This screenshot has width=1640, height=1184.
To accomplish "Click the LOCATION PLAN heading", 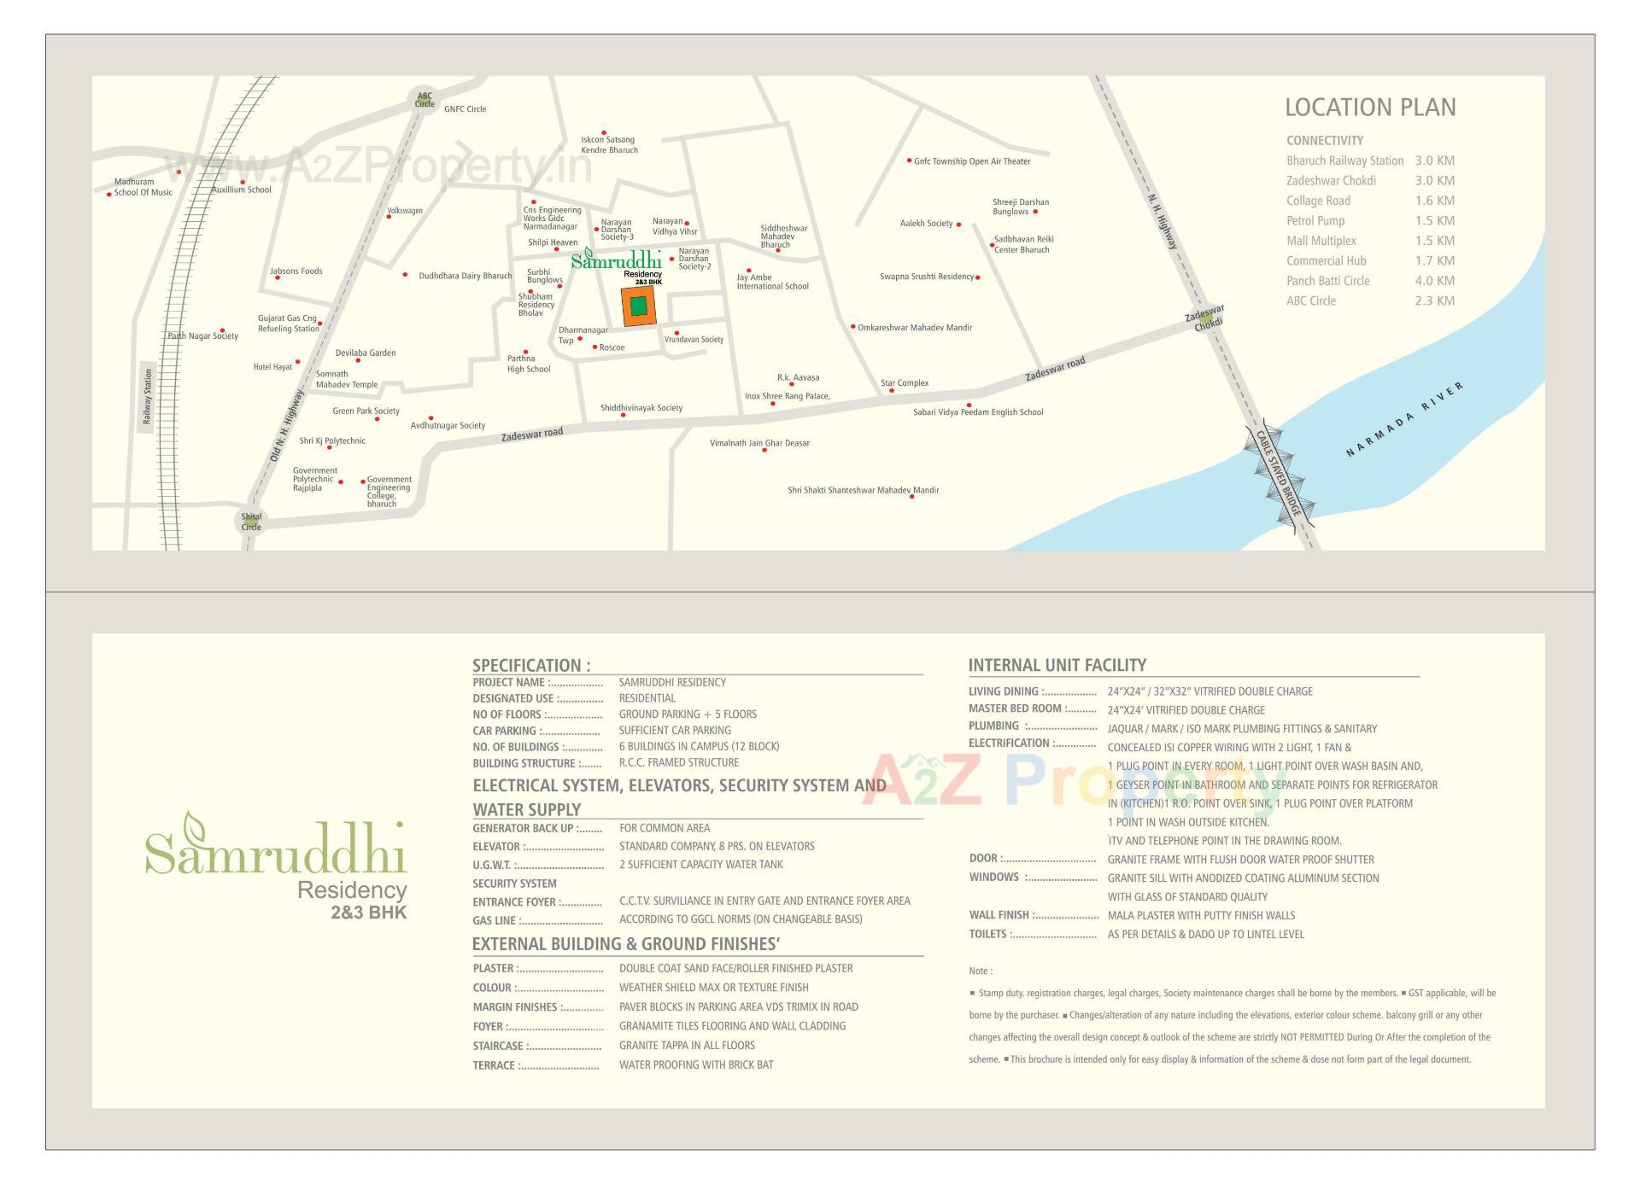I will click(x=1370, y=108).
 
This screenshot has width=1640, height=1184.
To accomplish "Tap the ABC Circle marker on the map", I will click(x=425, y=100).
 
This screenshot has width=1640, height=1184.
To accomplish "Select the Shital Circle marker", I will click(x=251, y=522).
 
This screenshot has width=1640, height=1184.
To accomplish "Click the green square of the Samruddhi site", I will click(x=638, y=306).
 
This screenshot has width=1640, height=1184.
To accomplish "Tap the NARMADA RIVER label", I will click(x=1404, y=419).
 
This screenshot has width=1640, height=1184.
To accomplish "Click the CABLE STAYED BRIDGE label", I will click(x=1279, y=474).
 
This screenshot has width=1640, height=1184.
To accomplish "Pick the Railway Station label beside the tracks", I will click(x=148, y=396).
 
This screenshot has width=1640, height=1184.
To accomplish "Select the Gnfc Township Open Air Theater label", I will click(x=972, y=161).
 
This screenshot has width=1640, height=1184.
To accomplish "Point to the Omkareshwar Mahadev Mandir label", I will click(x=915, y=328).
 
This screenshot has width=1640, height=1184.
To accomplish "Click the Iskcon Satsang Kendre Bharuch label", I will click(x=609, y=144).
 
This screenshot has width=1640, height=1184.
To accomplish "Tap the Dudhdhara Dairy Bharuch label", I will click(x=465, y=276).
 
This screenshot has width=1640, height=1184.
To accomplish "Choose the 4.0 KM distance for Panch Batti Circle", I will click(x=1434, y=281).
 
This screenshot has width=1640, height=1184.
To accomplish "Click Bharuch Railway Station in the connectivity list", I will click(x=1344, y=160).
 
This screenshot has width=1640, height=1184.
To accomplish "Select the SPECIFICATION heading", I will click(x=531, y=666).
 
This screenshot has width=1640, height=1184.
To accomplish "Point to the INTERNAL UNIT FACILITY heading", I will click(x=1057, y=665).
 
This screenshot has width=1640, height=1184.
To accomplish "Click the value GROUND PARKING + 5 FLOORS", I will click(x=688, y=714).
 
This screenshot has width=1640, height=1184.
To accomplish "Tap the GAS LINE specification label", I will click(x=494, y=921).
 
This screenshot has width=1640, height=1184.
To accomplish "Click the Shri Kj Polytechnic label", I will click(x=332, y=441).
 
